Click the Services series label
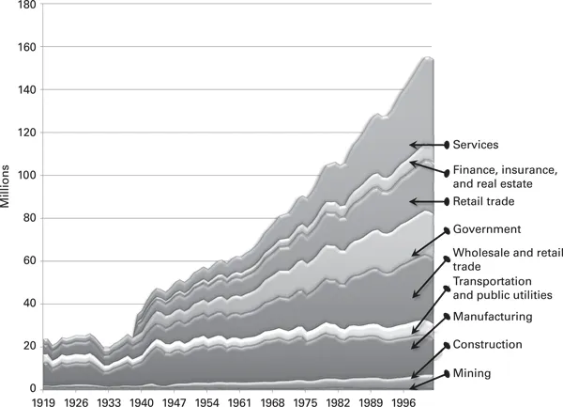pyautogui.click(x=475, y=145)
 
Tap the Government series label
pyautogui.click(x=487, y=229)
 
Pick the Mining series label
pyautogui.click(x=471, y=373)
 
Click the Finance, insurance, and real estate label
pyautogui.click(x=505, y=177)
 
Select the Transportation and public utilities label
pyautogui.click(x=506, y=289)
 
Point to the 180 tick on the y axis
pyautogui.click(x=25, y=5)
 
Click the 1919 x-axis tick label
pyautogui.click(x=45, y=400)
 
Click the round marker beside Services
pyautogui.click(x=447, y=145)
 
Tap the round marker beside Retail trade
pyautogui.click(x=447, y=202)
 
